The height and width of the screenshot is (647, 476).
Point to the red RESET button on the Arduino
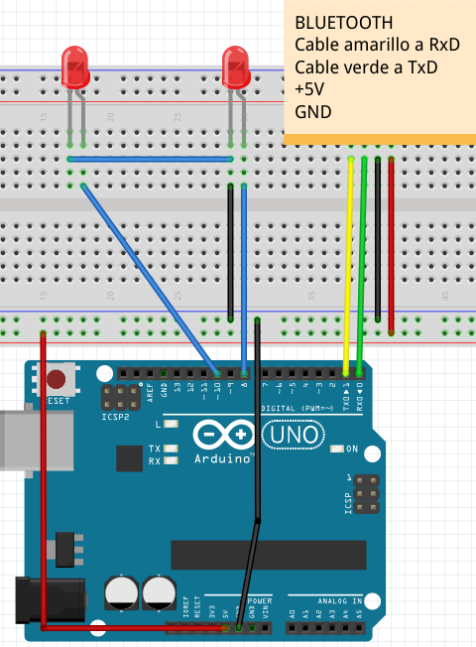[58, 379]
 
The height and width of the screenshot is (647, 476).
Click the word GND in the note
[313, 112]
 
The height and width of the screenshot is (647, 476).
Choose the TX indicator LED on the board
[173, 450]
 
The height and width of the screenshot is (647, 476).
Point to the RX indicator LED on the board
[173, 461]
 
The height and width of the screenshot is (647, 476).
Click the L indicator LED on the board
[173, 425]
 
